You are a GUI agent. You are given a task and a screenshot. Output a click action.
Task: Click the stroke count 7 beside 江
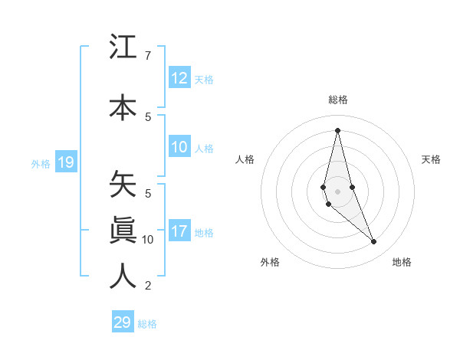(x=147, y=56)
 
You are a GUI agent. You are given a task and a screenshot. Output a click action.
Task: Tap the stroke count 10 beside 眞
(x=148, y=240)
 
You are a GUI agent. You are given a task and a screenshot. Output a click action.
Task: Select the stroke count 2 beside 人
(x=147, y=286)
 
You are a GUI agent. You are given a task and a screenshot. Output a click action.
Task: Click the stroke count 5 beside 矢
(x=147, y=194)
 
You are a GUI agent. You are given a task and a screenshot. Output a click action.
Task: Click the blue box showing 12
(x=179, y=78)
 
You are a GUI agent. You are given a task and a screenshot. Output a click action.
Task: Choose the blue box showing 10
(x=179, y=148)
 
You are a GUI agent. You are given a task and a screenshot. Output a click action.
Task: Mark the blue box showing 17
(x=179, y=231)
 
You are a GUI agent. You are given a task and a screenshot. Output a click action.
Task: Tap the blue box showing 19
(x=65, y=162)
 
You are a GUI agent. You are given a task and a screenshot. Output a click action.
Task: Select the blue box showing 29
(x=123, y=322)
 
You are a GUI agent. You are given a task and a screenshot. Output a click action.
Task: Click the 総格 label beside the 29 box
(x=147, y=324)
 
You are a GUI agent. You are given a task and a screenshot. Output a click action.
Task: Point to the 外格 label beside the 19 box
(x=41, y=163)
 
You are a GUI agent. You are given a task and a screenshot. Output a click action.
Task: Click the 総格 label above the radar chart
(x=337, y=100)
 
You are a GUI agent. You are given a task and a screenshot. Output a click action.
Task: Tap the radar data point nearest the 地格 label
(x=374, y=242)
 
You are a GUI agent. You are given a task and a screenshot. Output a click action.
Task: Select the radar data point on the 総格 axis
(x=337, y=130)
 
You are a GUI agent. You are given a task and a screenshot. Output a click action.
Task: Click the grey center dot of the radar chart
(x=337, y=191)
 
